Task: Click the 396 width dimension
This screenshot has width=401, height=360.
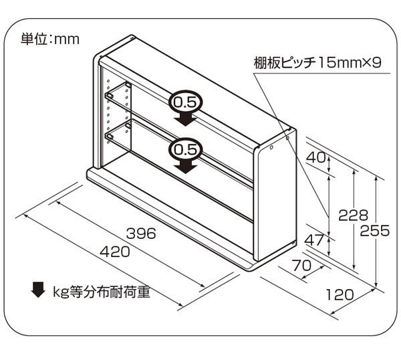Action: tap(141, 234)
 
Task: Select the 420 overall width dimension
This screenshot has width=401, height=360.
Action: tap(115, 252)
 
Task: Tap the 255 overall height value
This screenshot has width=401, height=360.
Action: tap(375, 231)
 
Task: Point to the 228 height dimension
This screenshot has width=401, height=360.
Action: tap(353, 215)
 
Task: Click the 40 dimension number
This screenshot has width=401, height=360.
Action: tap(316, 157)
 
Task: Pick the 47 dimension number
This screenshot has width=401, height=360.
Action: tap(314, 240)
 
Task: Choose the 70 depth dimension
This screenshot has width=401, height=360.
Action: tap(301, 265)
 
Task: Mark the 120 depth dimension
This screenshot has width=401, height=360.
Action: tap(340, 294)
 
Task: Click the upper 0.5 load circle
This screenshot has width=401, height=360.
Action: tap(185, 102)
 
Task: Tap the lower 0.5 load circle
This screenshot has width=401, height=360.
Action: tap(185, 150)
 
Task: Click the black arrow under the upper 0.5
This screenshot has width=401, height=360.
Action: tap(185, 118)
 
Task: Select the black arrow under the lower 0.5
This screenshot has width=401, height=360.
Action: tap(185, 166)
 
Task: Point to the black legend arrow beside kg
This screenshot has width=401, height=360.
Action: tap(38, 290)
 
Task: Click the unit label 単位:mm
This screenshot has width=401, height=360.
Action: tap(50, 39)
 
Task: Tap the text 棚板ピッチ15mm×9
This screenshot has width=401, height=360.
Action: tap(317, 63)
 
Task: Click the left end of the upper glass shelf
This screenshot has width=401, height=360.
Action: tap(109, 96)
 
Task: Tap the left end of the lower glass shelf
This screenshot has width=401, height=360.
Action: tap(110, 137)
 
